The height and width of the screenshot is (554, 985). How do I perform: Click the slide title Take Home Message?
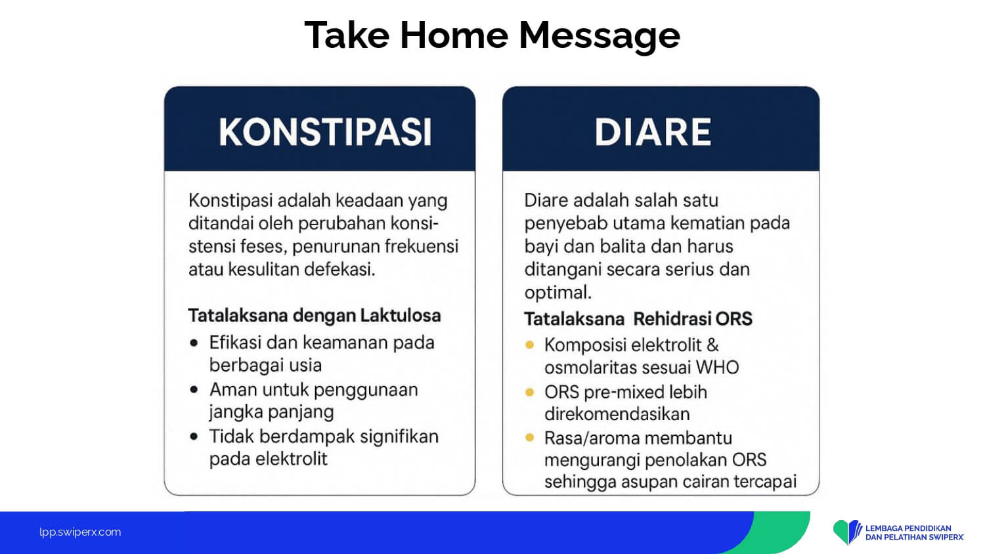[x=492, y=35]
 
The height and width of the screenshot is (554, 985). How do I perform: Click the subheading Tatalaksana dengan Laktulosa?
[x=315, y=316]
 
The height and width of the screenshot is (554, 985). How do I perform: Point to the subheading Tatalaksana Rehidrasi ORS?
[x=638, y=319]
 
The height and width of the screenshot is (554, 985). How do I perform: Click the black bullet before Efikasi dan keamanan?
[x=194, y=343]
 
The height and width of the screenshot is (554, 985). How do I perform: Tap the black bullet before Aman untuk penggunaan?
[x=194, y=389]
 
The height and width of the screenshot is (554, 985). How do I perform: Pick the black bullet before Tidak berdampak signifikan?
[x=194, y=437]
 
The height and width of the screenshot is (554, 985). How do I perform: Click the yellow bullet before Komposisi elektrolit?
[x=529, y=345]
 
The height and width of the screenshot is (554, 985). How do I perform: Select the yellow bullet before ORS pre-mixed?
[x=529, y=392]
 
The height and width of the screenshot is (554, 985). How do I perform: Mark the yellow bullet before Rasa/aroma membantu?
[x=529, y=437]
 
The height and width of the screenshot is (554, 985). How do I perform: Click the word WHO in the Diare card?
[x=717, y=368]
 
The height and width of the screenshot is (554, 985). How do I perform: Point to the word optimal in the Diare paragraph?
[x=558, y=293]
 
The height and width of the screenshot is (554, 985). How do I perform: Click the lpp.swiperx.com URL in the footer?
[x=80, y=532]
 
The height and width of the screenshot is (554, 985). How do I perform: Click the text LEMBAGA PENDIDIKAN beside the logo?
[x=908, y=528]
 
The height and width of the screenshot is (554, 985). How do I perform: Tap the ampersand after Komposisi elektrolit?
[x=712, y=345]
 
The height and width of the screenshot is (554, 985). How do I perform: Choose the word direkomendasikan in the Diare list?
[x=617, y=414]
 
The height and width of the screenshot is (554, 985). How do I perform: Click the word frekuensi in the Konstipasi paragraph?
[x=422, y=246]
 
